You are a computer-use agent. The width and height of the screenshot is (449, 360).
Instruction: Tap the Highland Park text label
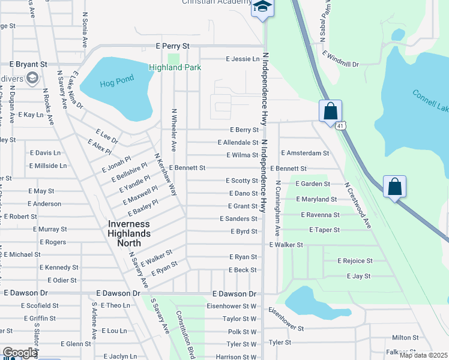175,68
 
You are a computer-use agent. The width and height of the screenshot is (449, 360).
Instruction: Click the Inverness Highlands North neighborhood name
133,233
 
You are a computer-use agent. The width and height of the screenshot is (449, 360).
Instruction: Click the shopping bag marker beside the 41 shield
330,111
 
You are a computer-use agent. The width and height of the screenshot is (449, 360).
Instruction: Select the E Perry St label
172,46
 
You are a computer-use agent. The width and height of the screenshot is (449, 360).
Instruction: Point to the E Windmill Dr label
340,59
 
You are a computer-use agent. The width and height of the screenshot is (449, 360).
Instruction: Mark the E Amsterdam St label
304,153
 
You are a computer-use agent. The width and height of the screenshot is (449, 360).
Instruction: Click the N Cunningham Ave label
277,207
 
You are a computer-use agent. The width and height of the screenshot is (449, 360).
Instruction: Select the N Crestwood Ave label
359,205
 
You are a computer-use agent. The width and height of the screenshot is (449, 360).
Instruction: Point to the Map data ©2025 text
423,355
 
